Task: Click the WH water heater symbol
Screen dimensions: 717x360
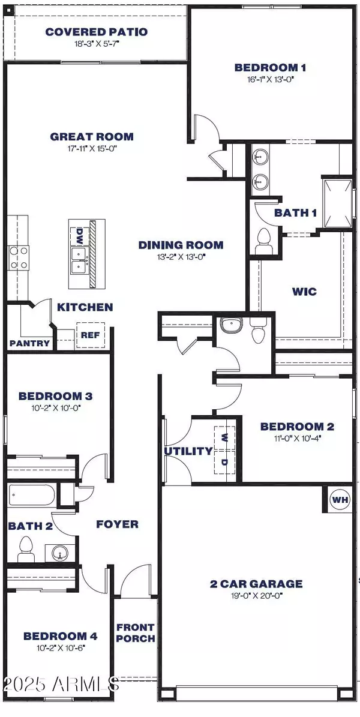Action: (340, 499)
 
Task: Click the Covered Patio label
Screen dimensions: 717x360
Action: (97, 32)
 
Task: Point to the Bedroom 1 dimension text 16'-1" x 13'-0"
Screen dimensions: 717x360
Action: (266, 79)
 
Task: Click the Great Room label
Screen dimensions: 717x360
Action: (92, 136)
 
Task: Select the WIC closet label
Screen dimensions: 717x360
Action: (305, 292)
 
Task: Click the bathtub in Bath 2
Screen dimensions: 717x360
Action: (32, 496)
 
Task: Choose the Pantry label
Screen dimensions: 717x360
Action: (24, 344)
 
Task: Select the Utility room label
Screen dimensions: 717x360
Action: (188, 451)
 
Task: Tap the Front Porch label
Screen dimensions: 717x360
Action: (136, 633)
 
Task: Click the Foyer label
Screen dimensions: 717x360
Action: (118, 524)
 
